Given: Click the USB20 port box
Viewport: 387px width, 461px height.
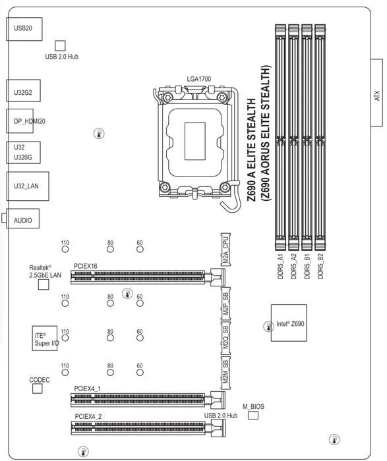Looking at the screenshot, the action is pos(24,29).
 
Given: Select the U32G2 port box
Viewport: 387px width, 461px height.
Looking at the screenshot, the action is pos(23,91).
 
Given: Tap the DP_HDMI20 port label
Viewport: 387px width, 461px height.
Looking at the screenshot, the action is pos(30,121).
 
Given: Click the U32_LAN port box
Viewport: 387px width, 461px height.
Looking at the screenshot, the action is pos(28,186).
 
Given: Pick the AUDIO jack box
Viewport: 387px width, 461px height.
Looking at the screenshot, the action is pos(22,219).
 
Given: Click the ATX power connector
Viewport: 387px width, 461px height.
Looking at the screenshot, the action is pos(376,93).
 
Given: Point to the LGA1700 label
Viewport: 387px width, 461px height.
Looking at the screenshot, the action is pos(199,79).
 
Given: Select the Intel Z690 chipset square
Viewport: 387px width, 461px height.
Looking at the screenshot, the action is pos(289,323).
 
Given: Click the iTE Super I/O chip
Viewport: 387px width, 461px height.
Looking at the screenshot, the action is pos(44,338).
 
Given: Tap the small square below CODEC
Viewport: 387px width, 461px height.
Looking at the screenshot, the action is pos(37,389).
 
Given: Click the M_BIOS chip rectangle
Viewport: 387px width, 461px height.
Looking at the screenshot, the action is pos(253,415).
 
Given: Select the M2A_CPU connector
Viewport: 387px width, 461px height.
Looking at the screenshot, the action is pos(225,250).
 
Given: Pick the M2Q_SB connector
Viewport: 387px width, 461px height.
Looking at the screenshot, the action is pos(225,337).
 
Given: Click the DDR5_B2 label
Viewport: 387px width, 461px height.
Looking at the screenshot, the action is pos(320,266).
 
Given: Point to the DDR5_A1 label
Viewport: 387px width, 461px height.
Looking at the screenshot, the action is pos(280,266).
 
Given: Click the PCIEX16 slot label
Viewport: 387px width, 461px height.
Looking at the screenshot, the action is pos(85,266).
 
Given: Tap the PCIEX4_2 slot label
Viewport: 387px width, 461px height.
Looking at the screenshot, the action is pos(88,417).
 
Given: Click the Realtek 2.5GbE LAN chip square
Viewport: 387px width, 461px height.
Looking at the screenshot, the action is pos(44,285).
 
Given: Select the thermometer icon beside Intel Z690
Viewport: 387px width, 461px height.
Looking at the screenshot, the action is pos(268,327).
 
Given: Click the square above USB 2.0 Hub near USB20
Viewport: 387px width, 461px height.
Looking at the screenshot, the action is pos(60,46).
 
